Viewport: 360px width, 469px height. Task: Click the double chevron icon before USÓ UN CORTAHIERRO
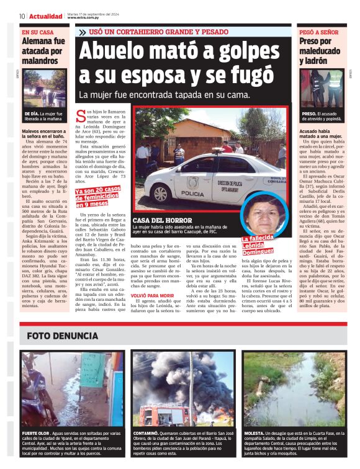tap(82, 32)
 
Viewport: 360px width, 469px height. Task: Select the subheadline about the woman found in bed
tap(161, 96)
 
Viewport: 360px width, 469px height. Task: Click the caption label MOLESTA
tap(255, 432)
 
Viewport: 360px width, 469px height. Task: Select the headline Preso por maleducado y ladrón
tap(319, 51)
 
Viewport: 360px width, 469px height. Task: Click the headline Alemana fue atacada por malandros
tap(43, 51)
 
